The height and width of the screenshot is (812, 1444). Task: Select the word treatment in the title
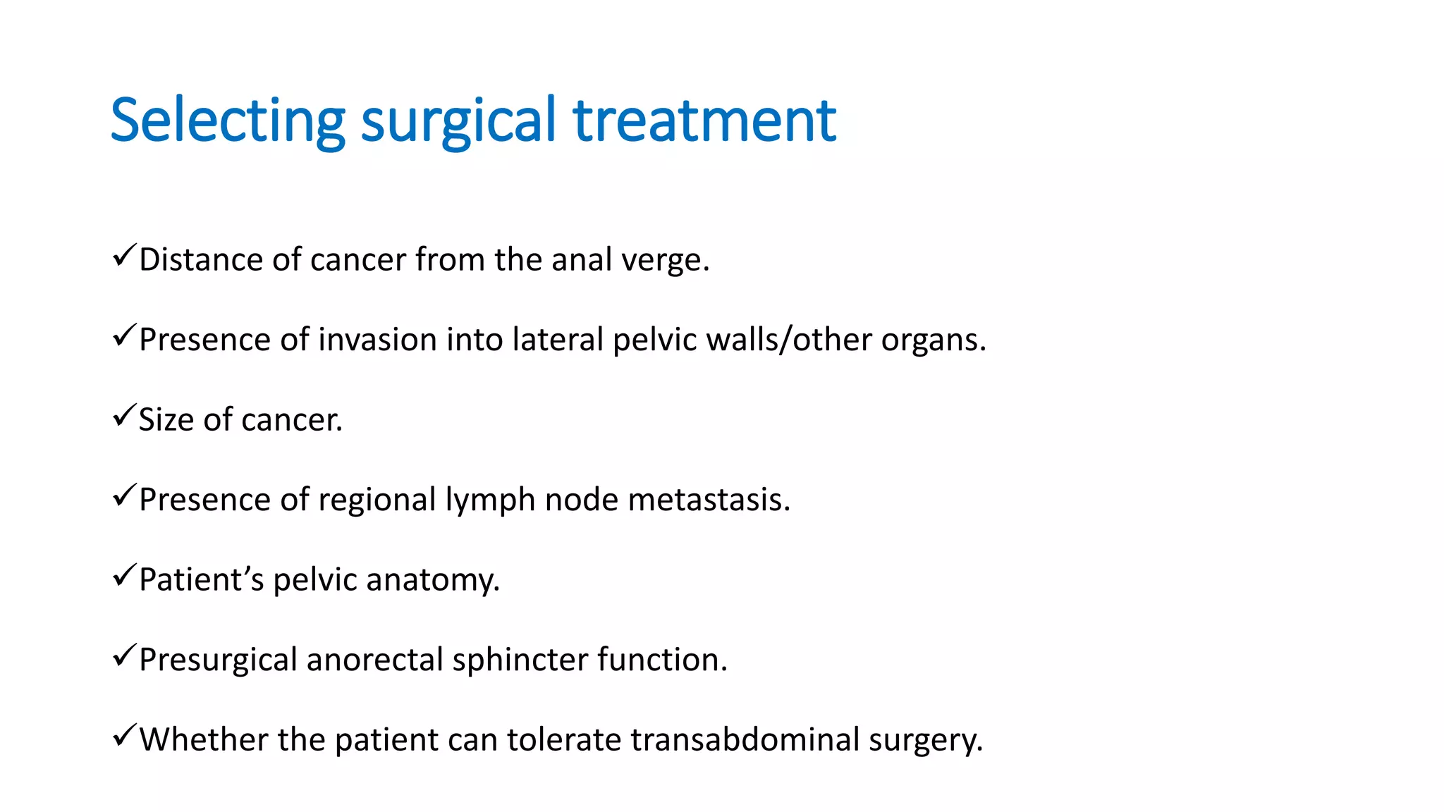(704, 121)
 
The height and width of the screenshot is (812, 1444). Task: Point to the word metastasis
(709, 500)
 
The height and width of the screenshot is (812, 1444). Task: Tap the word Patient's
(201, 580)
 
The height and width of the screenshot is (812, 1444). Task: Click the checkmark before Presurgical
(123, 656)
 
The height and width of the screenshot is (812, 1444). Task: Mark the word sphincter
(520, 660)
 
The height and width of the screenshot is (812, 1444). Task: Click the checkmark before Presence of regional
(123, 496)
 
